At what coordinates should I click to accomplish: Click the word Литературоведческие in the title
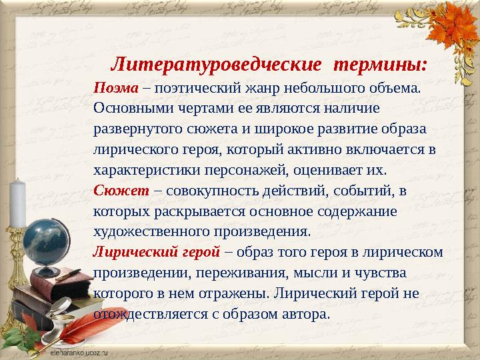tap(216, 65)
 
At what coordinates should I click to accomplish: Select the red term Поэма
tap(116, 88)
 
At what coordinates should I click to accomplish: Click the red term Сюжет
tap(121, 191)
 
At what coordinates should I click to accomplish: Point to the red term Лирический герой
tap(157, 252)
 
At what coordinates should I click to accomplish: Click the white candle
tap(17, 203)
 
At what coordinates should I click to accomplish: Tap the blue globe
tap(46, 243)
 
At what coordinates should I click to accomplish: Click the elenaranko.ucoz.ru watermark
tap(79, 353)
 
